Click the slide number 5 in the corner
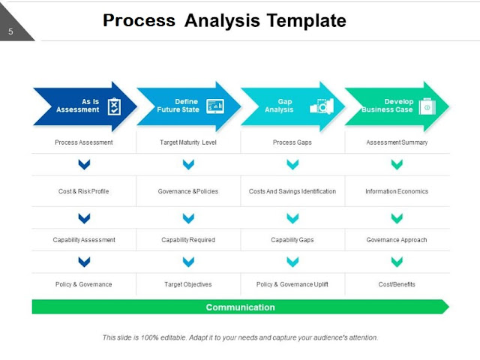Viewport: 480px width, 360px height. pyautogui.click(x=10, y=31)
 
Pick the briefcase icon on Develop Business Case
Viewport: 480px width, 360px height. pyautogui.click(x=427, y=106)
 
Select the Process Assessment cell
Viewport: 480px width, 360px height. pyautogui.click(x=84, y=142)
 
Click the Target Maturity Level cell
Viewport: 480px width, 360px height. pyautogui.click(x=188, y=142)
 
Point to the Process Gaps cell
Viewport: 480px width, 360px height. pyautogui.click(x=292, y=142)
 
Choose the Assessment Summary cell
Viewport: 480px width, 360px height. pyautogui.click(x=397, y=142)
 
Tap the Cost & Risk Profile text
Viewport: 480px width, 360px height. pyautogui.click(x=84, y=191)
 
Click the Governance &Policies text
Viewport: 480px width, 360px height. pyautogui.click(x=188, y=191)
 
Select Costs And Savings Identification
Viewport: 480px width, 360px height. pyautogui.click(x=292, y=191)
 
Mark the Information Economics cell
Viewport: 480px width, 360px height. pyautogui.click(x=397, y=191)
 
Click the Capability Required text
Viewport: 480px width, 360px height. pyautogui.click(x=188, y=240)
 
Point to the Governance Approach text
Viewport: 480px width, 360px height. pyautogui.click(x=397, y=240)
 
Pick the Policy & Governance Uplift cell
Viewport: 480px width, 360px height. pyautogui.click(x=292, y=284)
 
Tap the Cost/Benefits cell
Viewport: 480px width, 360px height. pyautogui.click(x=397, y=284)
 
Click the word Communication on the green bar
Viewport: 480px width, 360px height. pyautogui.click(x=240, y=307)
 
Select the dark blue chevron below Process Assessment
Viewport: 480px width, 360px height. pyautogui.click(x=84, y=164)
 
